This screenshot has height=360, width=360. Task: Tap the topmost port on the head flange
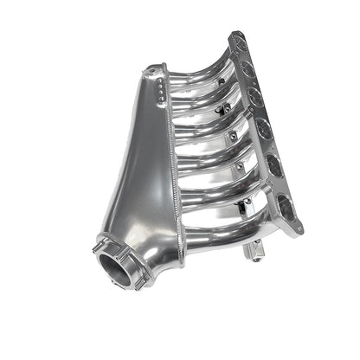coord(236,49)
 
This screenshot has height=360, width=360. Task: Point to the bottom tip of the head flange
coord(299,229)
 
